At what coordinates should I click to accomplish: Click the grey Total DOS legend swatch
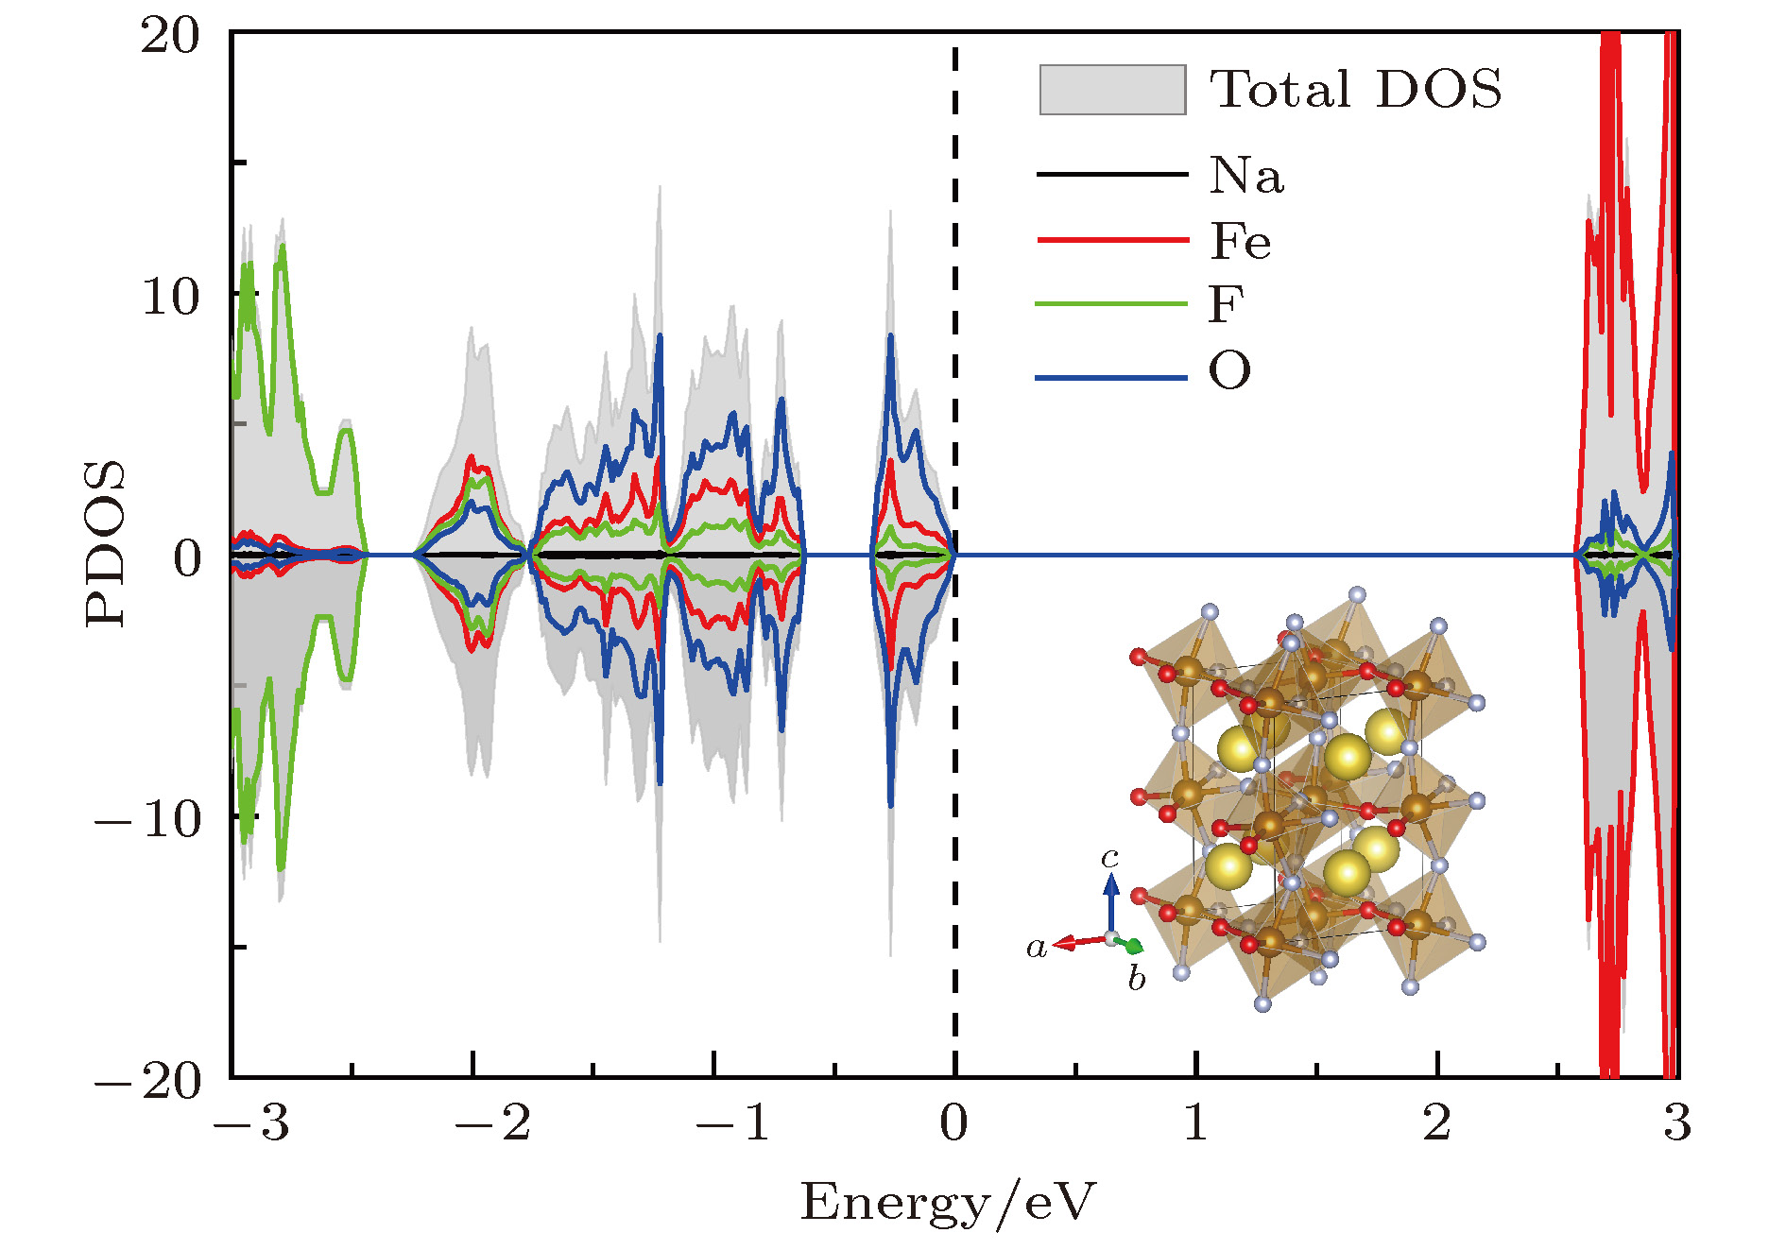pos(1112,90)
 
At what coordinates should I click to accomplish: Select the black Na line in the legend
pos(1112,174)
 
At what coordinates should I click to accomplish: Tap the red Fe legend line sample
pos(1112,240)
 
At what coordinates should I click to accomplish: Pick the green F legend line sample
pos(1112,303)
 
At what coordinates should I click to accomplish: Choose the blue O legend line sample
pos(1112,378)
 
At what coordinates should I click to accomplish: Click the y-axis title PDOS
pos(105,543)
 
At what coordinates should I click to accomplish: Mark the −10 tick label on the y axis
pos(148,818)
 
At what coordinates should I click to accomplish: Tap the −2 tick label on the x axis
pos(492,1122)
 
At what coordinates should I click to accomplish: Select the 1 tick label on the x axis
pos(1196,1122)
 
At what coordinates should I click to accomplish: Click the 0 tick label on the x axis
pos(954,1122)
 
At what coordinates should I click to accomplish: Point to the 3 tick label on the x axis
pos(1677,1122)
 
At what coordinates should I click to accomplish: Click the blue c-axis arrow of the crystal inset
pos(1111,901)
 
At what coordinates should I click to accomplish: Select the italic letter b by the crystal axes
pos(1137,979)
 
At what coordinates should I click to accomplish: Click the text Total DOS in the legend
pos(1356,90)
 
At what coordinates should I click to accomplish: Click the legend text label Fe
pos(1241,241)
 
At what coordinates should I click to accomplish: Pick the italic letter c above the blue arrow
pos(1109,857)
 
